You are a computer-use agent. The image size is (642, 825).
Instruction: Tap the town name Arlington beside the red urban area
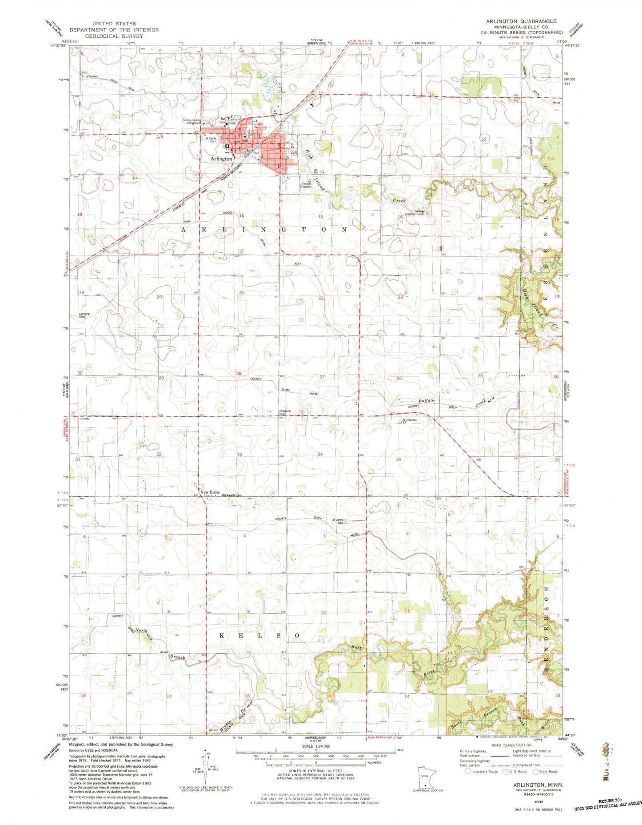(221, 159)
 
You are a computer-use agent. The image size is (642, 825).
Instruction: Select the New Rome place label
(210, 492)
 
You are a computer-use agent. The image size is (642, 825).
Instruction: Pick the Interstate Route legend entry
(482, 772)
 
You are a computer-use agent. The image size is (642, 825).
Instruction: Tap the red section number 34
(320, 454)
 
